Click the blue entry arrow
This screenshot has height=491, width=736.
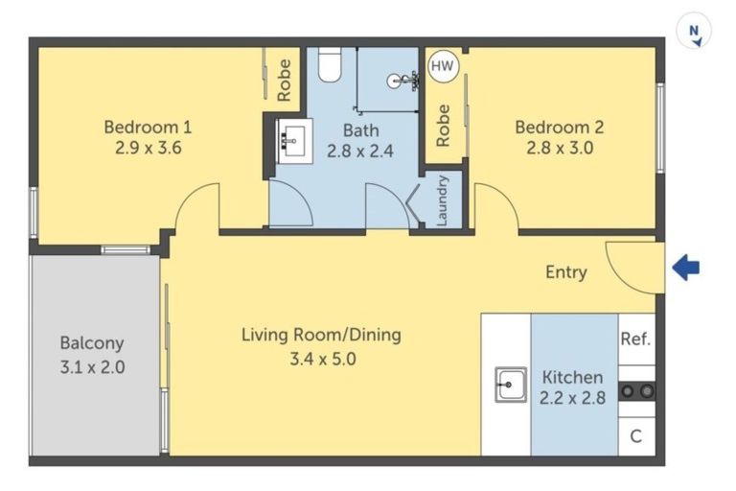(x=686, y=268)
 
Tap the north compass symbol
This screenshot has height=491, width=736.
(x=694, y=31)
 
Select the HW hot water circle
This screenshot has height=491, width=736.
(x=443, y=66)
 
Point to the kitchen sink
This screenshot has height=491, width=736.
(x=511, y=385)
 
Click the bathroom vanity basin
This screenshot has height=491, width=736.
(x=293, y=141)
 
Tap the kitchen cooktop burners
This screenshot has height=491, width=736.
(x=637, y=391)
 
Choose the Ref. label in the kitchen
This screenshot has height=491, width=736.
(x=635, y=339)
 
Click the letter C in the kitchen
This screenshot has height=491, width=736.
(x=636, y=436)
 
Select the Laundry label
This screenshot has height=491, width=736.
(x=443, y=200)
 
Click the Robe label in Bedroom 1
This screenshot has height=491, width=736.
(x=284, y=80)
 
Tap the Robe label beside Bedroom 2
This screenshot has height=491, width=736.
(x=443, y=126)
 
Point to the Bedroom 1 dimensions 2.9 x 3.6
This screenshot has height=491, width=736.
(x=149, y=148)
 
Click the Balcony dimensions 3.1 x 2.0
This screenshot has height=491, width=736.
(x=92, y=367)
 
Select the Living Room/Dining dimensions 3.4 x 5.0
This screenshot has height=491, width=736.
(x=323, y=360)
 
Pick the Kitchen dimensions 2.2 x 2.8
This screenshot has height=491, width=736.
(x=573, y=398)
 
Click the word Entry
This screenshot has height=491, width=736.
(x=566, y=272)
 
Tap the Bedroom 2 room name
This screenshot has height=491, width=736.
(x=560, y=127)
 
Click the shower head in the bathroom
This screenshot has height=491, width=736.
(x=402, y=81)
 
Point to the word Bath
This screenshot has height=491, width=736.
(x=360, y=130)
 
